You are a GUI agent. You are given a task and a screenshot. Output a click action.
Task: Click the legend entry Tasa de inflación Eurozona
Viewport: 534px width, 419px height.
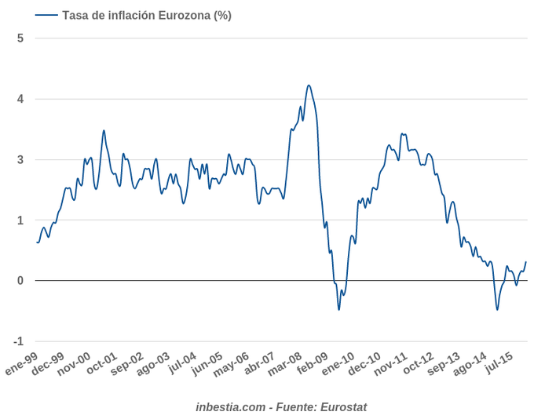tap(145, 15)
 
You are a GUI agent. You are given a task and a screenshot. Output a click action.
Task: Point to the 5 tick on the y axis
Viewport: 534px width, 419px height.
tap(20, 38)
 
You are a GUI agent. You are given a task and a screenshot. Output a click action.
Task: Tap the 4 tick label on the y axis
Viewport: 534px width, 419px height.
tap(20, 99)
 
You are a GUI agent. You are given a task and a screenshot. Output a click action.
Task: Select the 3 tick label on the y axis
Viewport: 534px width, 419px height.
tap(20, 160)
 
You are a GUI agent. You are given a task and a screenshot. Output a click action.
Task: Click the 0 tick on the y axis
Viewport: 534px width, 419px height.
tap(20, 281)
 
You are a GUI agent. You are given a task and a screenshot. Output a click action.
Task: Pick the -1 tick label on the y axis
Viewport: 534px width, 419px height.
tap(19, 341)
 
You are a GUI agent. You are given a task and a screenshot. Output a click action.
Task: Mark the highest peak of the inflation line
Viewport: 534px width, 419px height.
tap(309, 86)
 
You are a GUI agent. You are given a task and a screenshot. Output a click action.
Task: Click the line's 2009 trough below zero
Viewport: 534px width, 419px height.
tap(339, 309)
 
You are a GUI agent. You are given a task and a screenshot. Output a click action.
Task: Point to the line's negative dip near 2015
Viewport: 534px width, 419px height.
tap(497, 309)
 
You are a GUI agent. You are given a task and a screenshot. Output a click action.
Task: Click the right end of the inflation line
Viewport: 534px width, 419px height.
tap(525, 262)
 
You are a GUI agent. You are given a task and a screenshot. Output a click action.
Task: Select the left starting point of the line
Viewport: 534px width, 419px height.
tap(37, 242)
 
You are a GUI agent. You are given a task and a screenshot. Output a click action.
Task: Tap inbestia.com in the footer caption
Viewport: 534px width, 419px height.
tap(230, 406)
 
